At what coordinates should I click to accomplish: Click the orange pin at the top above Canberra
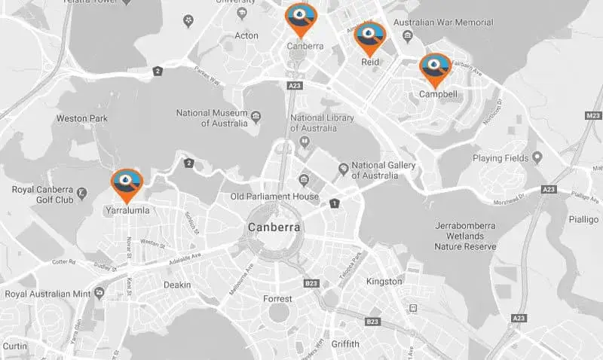(x=301, y=19)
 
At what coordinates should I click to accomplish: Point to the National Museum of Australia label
(x=212, y=118)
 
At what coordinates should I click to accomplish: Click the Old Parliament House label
(x=274, y=197)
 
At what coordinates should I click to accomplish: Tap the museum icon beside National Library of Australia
(x=305, y=141)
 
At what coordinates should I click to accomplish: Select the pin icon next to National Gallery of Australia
(x=343, y=166)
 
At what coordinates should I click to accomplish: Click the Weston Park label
(x=82, y=119)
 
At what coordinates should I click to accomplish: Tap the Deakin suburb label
(x=177, y=285)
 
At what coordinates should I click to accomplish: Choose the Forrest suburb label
(x=277, y=299)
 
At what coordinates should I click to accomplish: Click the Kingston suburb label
(x=384, y=281)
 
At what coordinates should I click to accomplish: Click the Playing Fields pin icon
(x=537, y=158)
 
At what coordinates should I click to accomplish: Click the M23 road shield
(x=594, y=116)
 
